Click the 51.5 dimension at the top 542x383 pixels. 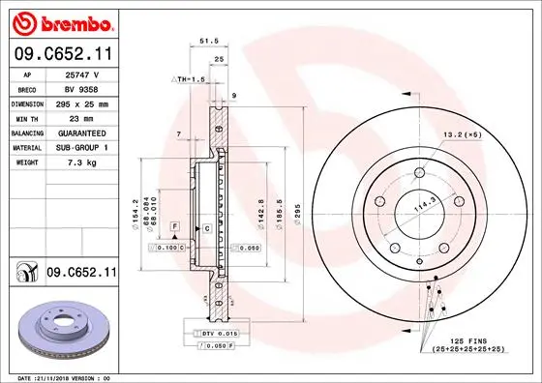206,41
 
